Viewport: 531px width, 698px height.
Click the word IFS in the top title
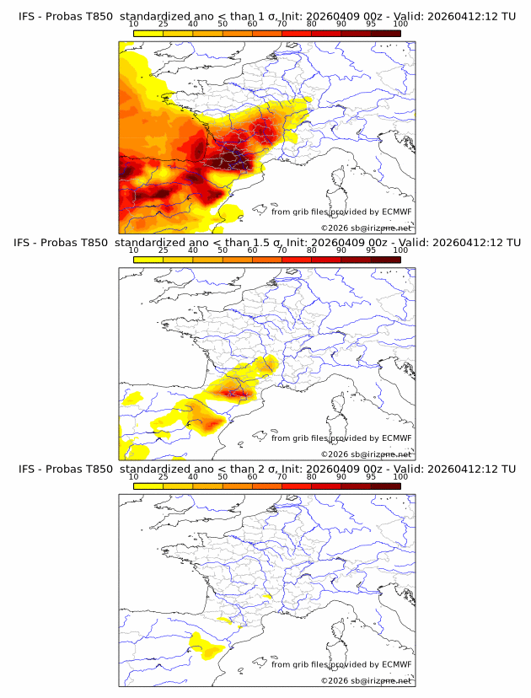click(x=28, y=16)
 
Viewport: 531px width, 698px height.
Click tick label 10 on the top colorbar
click(x=133, y=24)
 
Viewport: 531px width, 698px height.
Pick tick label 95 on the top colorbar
click(x=371, y=24)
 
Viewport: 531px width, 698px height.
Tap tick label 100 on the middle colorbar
click(x=400, y=250)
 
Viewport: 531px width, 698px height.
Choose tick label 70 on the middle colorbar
click(x=282, y=250)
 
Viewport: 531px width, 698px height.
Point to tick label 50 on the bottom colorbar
click(x=223, y=476)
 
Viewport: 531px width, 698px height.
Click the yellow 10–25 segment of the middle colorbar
click(x=148, y=259)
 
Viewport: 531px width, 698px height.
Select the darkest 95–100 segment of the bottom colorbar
click(x=386, y=486)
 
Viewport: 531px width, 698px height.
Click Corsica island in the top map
click(x=340, y=178)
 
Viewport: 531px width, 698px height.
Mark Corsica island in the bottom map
click(x=340, y=630)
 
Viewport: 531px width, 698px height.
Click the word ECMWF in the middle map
click(x=397, y=438)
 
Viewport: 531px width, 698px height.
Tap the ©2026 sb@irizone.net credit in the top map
click(x=367, y=228)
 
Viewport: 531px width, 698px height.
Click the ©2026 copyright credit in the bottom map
click(x=367, y=680)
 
